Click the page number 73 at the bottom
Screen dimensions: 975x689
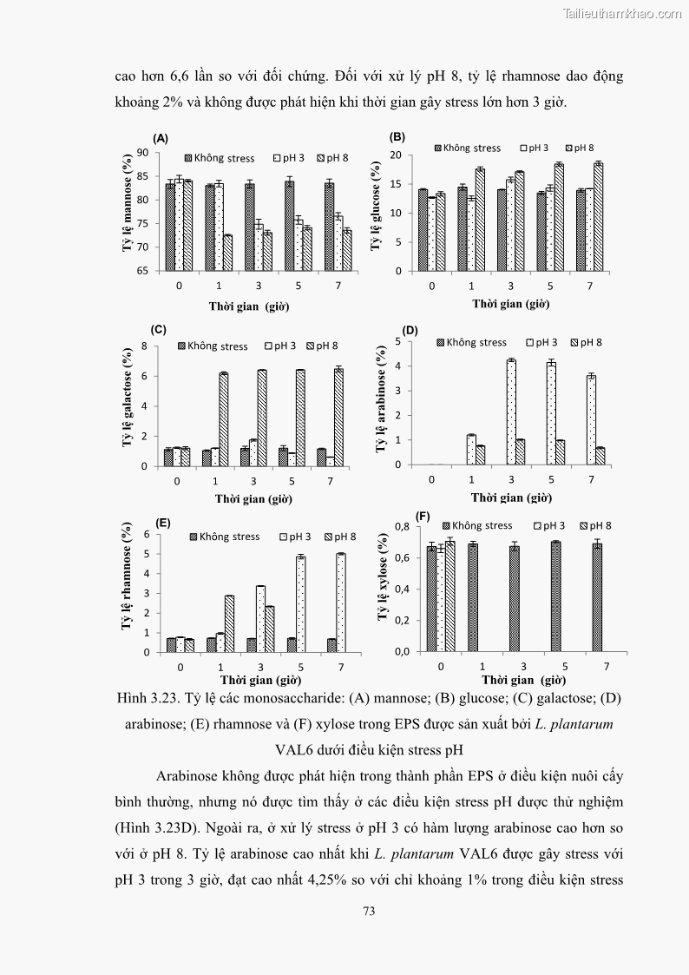click(369, 912)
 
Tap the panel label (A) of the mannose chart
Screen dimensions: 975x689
click(161, 138)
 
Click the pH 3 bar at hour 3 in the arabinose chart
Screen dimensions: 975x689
click(511, 412)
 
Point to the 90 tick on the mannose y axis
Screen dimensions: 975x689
click(143, 153)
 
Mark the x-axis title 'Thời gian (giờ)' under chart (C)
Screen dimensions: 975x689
click(253, 499)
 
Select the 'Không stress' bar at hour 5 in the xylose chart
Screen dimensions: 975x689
click(554, 596)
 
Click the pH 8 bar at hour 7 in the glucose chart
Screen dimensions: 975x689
click(598, 216)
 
